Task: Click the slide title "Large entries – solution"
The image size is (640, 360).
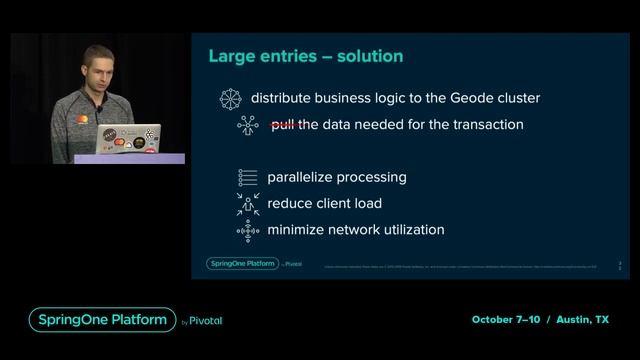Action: point(305,56)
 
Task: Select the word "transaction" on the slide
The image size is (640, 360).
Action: point(487,125)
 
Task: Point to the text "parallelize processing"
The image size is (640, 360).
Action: point(336,177)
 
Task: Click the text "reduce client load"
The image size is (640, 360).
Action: point(325,203)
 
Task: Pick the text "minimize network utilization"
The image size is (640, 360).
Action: point(355,230)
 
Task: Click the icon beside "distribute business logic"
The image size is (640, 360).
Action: point(231,98)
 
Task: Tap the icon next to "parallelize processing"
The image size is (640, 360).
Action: point(247,177)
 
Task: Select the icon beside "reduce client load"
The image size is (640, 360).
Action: point(247,204)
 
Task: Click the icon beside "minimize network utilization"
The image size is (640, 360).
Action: point(247,230)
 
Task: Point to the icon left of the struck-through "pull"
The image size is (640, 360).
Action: point(247,125)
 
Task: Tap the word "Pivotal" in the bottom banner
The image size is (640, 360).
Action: point(204,321)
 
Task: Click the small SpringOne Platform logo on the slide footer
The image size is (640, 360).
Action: point(241,264)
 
